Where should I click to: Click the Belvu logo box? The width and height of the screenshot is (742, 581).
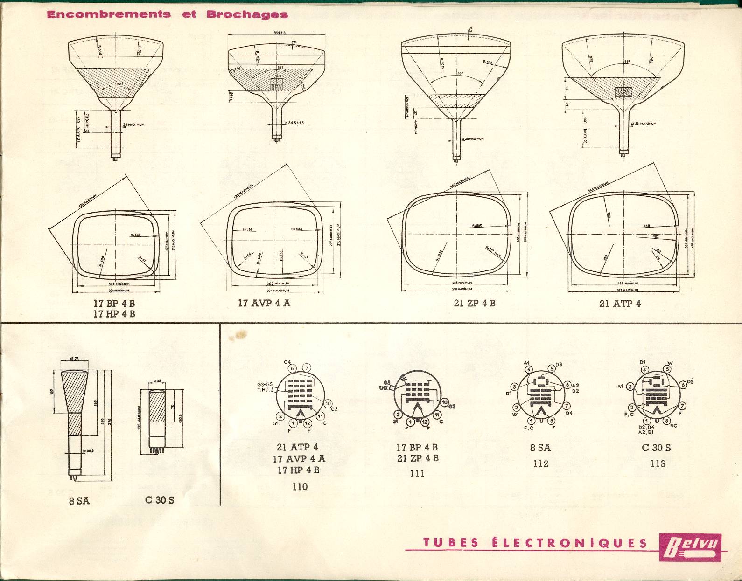690,546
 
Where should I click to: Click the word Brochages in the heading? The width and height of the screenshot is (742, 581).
247,14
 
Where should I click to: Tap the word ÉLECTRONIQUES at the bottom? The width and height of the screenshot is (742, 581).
569,543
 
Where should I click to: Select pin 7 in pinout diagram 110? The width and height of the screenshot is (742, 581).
306,368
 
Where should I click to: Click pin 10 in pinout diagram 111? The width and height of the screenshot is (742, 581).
444,402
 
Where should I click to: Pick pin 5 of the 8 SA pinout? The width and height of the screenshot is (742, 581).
551,369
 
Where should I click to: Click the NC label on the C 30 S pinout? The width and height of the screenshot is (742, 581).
673,426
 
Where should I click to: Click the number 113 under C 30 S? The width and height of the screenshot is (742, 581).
658,463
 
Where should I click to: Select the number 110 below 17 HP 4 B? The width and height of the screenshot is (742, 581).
300,486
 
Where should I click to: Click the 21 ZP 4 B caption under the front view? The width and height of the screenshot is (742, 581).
474,303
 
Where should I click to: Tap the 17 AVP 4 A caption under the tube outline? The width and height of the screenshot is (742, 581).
264,303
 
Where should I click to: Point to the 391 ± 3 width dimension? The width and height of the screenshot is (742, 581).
280,33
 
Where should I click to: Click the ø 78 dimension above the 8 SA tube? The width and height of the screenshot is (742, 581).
73,359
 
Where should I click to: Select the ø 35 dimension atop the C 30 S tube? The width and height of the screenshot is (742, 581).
157,381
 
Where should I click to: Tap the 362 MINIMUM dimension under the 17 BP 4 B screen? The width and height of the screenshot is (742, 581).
119,284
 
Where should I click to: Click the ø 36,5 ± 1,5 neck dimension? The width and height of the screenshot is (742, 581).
293,123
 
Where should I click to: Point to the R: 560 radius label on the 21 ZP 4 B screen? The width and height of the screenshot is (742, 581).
476,226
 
